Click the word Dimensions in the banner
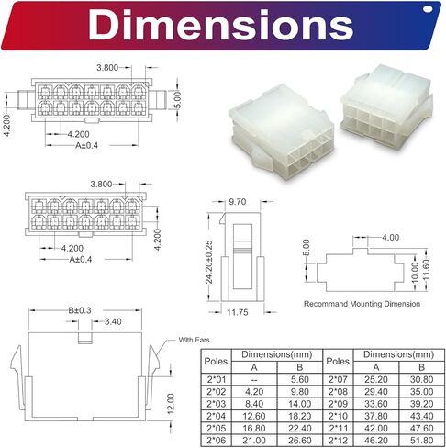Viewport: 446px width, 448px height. pyautogui.click(x=221, y=25)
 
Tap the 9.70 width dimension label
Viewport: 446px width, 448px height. pyautogui.click(x=238, y=202)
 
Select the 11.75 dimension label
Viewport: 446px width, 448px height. pyautogui.click(x=238, y=312)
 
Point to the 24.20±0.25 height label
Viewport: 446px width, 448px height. pyautogui.click(x=209, y=263)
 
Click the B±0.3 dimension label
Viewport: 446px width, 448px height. pyautogui.click(x=80, y=310)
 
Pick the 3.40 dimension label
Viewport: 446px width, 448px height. pyautogui.click(x=113, y=321)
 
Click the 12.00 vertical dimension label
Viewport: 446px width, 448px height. pyautogui.click(x=171, y=404)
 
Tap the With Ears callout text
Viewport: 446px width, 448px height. pyautogui.click(x=195, y=340)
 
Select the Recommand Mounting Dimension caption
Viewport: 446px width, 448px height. pyautogui.click(x=362, y=304)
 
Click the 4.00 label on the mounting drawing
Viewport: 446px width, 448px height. pyautogui.click(x=391, y=238)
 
